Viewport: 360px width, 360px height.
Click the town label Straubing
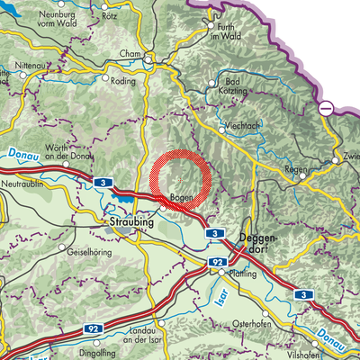tap(130, 219)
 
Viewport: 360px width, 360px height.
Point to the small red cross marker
tap(180, 180)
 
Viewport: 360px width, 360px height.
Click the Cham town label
tap(130, 54)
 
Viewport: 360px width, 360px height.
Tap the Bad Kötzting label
tap(237, 86)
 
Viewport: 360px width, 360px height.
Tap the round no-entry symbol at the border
tap(326, 108)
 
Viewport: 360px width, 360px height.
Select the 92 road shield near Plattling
tap(218, 262)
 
